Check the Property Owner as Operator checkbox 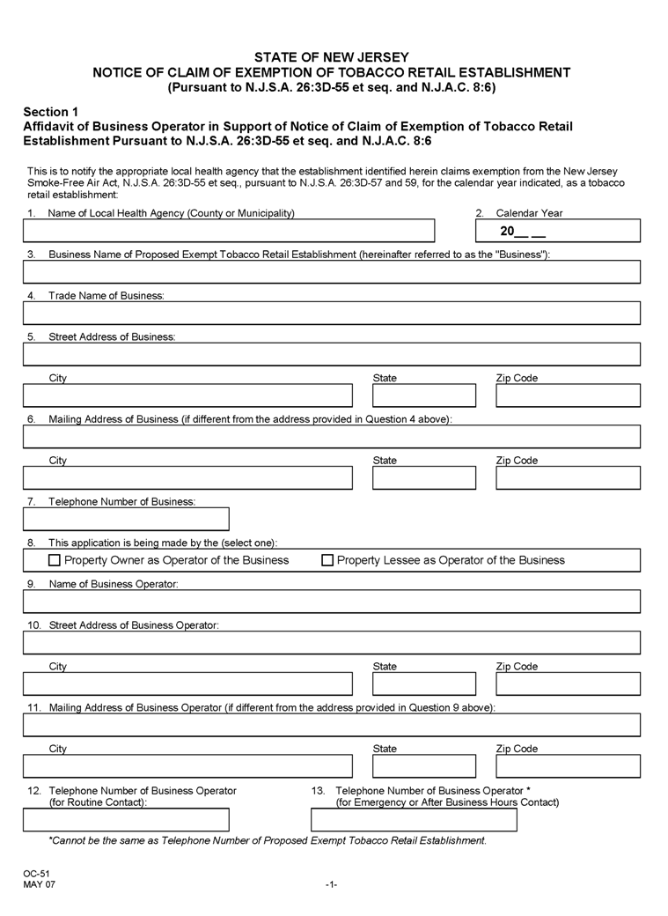55,560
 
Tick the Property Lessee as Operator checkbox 327,560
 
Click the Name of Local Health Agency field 229,231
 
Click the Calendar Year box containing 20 557,231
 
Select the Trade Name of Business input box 332,313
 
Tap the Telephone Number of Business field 126,519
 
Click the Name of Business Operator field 332,602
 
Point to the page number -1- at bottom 331,883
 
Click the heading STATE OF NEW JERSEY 332,57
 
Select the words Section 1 51,112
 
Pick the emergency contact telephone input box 414,820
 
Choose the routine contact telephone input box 126,820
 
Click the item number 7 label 31,502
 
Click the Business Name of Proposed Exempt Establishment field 332,271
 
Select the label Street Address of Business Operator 133,625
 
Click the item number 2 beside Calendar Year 481,213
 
